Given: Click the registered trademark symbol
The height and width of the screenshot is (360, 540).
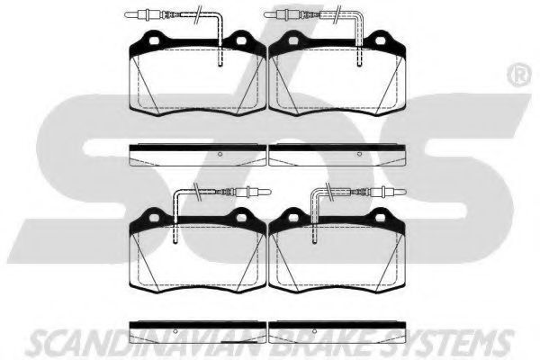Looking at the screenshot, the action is point(519,76).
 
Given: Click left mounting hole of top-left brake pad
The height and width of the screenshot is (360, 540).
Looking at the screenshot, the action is point(154,40).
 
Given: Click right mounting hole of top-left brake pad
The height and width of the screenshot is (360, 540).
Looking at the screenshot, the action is point(241,40).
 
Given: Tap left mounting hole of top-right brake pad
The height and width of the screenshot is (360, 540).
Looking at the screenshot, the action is point(293,40).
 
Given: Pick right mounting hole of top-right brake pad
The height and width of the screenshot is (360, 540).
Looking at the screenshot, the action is point(380,40).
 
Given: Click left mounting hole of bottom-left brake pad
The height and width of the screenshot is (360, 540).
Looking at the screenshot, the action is point(154,218).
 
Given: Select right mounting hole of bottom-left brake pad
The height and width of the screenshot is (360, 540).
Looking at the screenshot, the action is point(241,218).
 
